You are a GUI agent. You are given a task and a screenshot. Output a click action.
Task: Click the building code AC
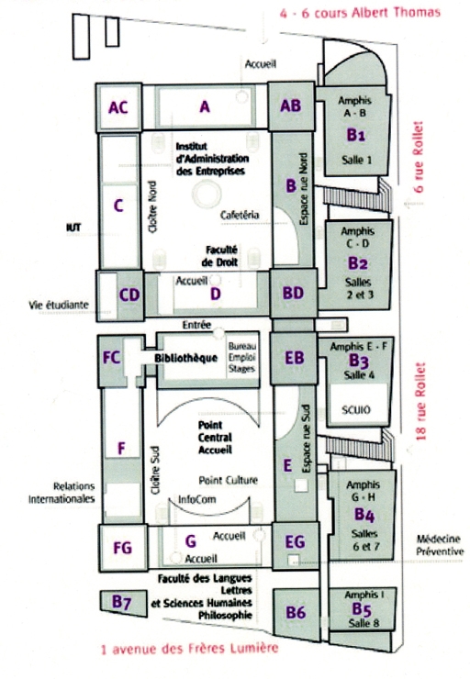(x=118, y=107)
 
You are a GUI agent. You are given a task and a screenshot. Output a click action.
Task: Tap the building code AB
(x=291, y=106)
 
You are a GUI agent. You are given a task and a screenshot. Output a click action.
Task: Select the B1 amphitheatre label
(x=355, y=135)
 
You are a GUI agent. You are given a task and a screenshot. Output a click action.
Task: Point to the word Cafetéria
(x=240, y=215)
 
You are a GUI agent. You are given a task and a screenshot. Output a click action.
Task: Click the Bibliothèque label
(x=185, y=358)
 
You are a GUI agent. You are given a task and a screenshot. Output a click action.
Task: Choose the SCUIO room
(x=356, y=409)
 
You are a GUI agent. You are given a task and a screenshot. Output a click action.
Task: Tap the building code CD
(x=129, y=295)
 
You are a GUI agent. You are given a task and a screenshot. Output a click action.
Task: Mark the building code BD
(x=293, y=293)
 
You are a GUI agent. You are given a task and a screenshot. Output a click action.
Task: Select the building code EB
(x=294, y=358)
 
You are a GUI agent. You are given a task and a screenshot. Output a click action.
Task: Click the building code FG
(x=122, y=548)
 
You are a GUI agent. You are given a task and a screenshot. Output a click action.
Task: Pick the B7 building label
(x=122, y=602)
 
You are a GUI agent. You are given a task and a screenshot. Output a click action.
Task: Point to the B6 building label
(x=296, y=612)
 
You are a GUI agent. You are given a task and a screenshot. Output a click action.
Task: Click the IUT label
(x=73, y=228)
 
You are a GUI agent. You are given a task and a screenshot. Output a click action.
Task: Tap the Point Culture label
(x=229, y=480)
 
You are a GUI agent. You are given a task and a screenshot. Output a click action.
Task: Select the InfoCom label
(x=197, y=499)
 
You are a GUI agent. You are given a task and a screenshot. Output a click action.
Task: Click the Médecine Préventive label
(x=440, y=545)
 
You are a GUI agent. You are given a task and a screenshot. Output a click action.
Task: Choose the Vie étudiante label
(x=59, y=305)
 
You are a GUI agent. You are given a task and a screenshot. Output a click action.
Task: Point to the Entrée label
(x=196, y=325)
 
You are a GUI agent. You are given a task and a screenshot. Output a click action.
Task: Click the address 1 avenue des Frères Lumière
(x=189, y=649)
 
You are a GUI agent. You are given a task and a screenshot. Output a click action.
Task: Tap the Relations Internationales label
(x=62, y=493)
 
